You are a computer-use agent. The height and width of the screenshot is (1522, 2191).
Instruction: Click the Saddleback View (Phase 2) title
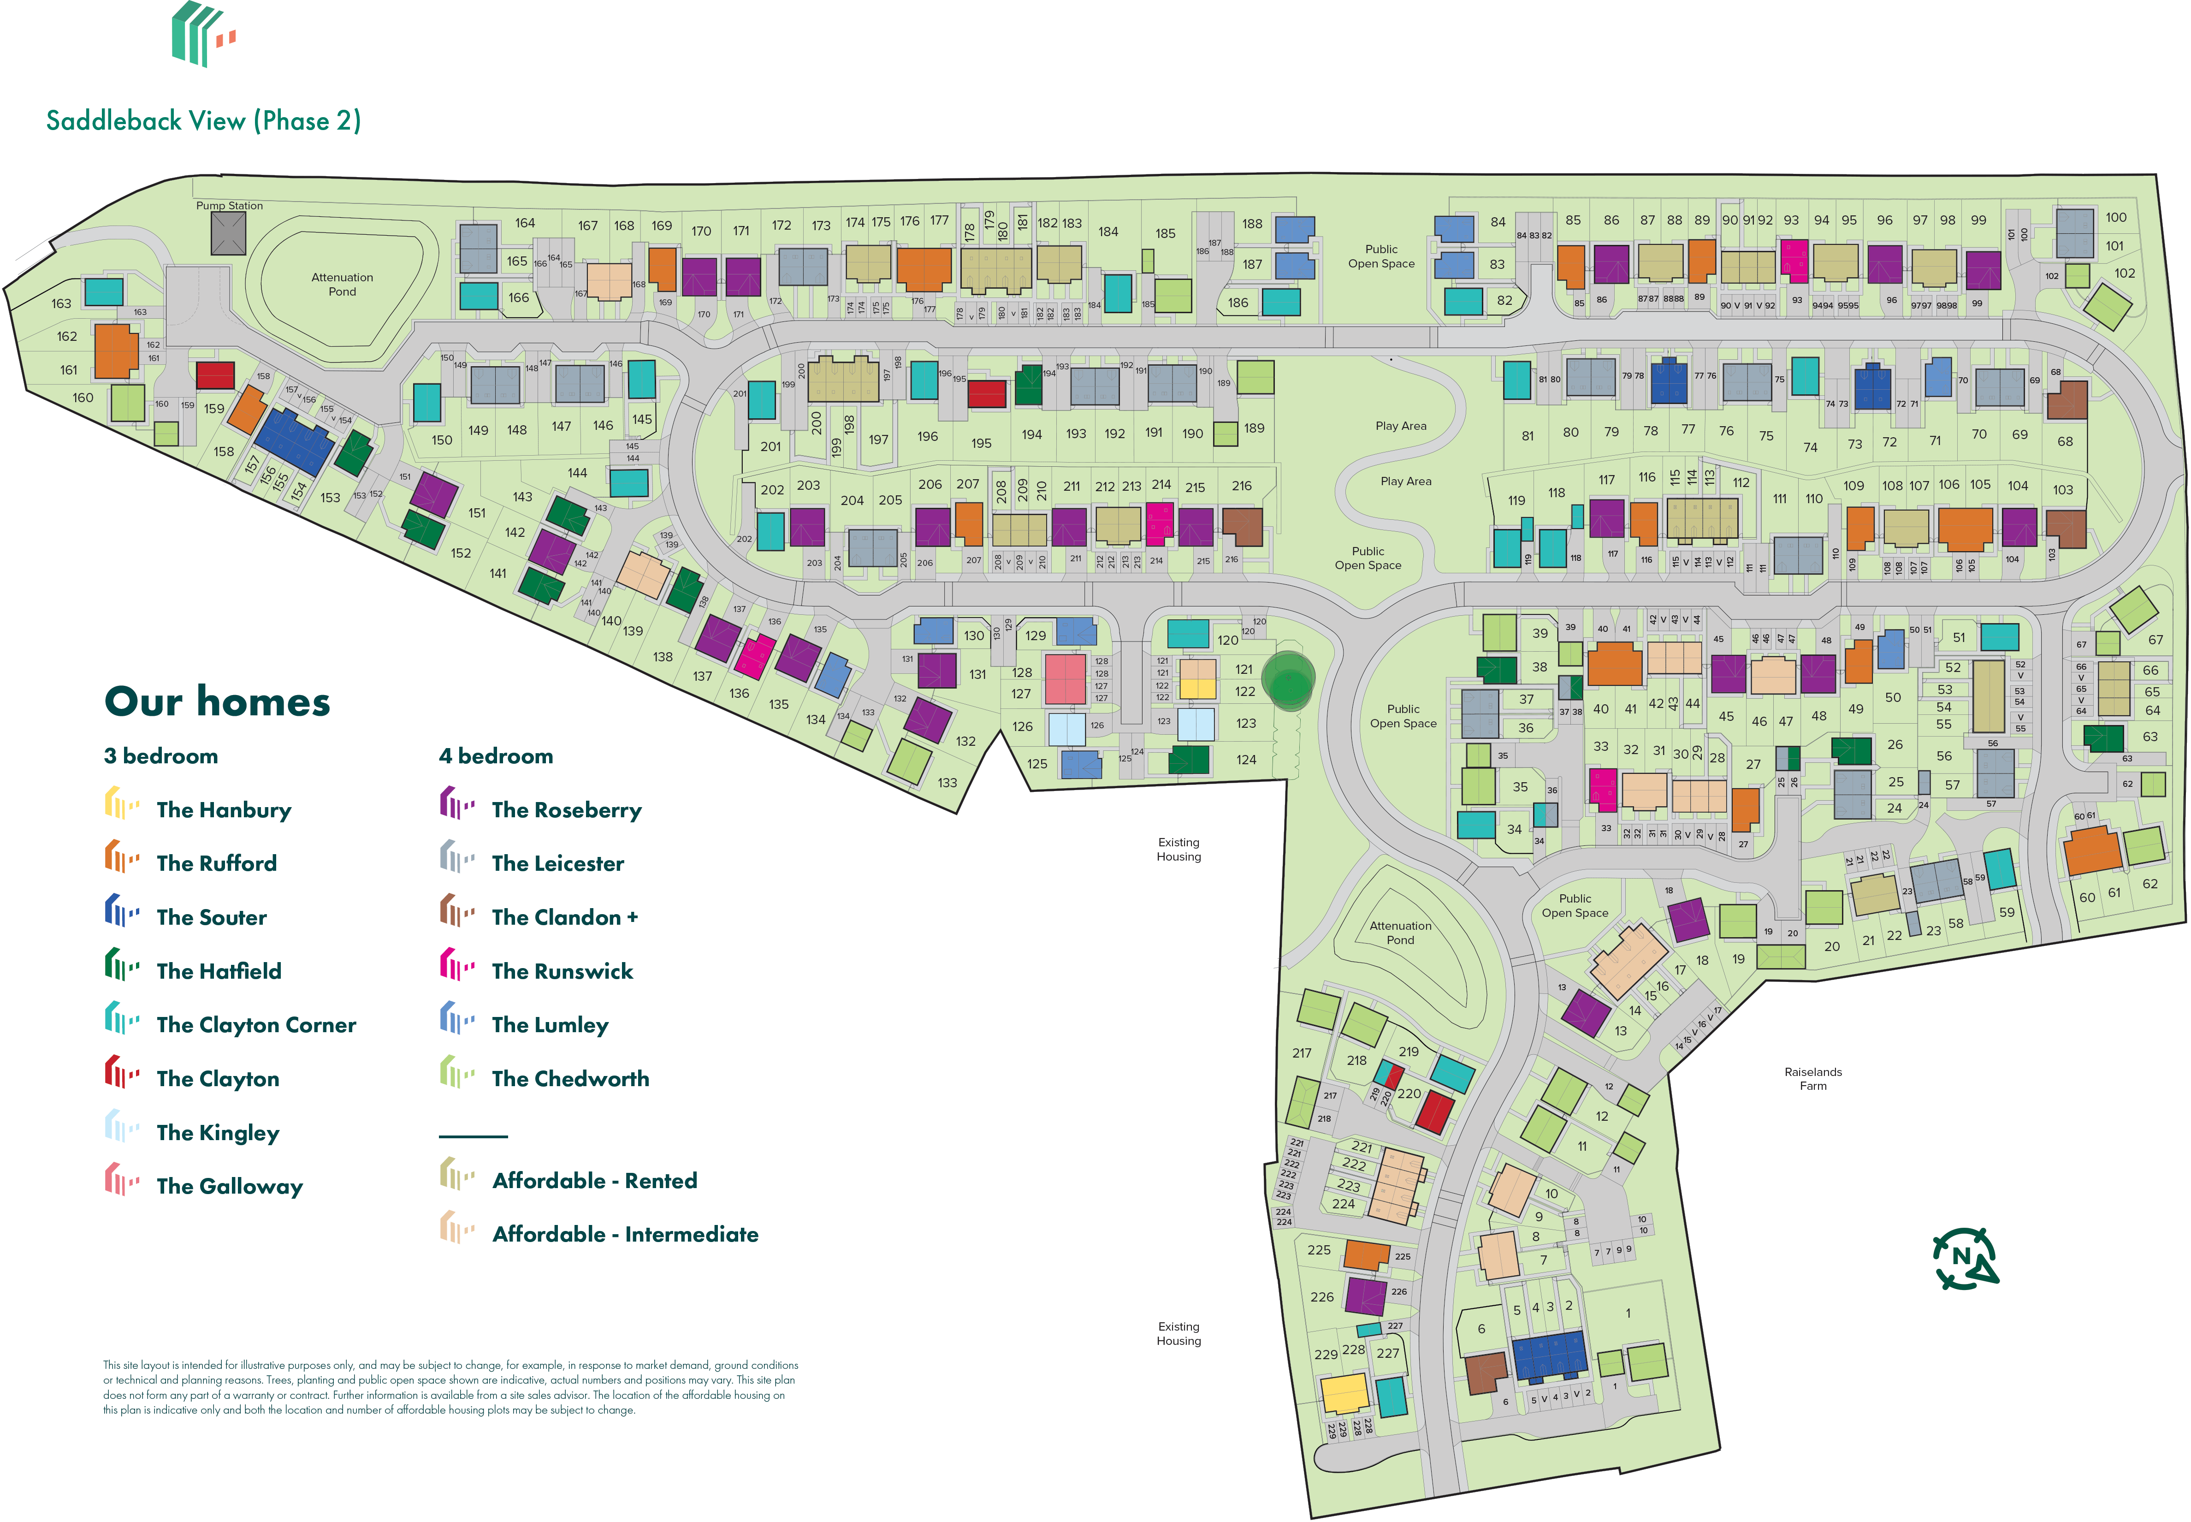click(203, 121)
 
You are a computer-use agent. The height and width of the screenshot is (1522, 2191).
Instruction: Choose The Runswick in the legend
click(562, 971)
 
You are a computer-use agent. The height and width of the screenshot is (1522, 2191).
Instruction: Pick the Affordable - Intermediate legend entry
click(624, 1234)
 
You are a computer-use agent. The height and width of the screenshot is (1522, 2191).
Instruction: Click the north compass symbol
click(1964, 1259)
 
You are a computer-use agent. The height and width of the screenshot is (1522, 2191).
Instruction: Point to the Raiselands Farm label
click(1812, 1079)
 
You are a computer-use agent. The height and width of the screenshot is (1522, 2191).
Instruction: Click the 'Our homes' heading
click(217, 702)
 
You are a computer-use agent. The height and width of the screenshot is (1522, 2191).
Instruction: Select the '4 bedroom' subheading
click(496, 756)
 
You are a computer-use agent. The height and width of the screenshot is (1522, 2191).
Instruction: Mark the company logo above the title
click(202, 34)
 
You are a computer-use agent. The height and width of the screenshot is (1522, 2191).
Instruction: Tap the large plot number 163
click(61, 303)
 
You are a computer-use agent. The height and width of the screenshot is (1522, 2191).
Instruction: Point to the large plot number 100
click(2116, 217)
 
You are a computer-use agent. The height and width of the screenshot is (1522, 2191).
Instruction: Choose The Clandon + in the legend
click(564, 917)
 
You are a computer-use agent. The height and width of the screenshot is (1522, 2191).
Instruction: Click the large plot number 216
click(1241, 485)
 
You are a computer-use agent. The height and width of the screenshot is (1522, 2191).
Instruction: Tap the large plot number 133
click(947, 783)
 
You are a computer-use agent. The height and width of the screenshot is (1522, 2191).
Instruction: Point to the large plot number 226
click(1321, 1297)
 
